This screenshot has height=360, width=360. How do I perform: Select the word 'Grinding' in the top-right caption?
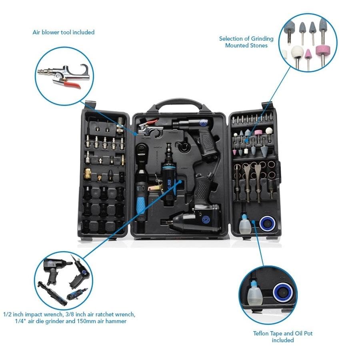[262, 39]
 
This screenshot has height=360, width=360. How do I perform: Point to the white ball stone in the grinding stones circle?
[298, 52]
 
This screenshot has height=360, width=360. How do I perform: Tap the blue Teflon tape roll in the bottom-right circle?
[283, 292]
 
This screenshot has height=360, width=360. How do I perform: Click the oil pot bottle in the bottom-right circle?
[254, 296]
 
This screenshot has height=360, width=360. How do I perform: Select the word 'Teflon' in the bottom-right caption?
[261, 333]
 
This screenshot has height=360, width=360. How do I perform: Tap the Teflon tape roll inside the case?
[268, 223]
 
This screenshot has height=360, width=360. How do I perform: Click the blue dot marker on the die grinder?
[180, 181]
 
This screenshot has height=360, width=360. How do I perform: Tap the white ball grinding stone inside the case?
[269, 131]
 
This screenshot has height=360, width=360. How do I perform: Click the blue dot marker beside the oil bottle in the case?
[253, 222]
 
